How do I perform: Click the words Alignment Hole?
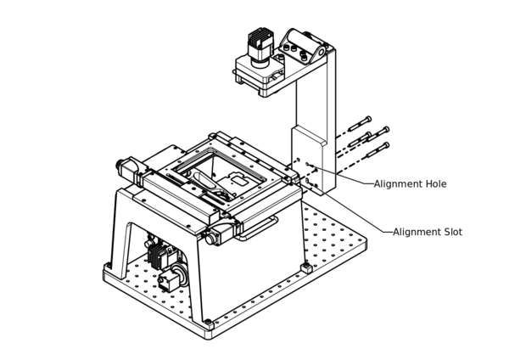pos(410,183)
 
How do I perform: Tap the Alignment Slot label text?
pos(428,232)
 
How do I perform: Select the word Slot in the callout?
pos(451,232)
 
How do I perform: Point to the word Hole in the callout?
pos(434,183)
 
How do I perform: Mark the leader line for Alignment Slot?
pos(356,212)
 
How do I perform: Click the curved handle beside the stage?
pos(259,228)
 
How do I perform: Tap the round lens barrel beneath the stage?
pos(176,278)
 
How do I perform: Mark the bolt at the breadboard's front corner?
pos(208,323)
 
